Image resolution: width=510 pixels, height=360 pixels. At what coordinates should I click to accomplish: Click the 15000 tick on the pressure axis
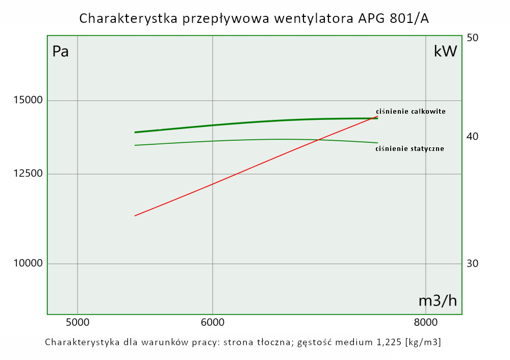pos(28,100)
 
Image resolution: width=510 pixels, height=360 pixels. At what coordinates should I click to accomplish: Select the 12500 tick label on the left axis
pos(28,174)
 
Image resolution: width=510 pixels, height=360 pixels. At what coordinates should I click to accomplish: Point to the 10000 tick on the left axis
pos(28,264)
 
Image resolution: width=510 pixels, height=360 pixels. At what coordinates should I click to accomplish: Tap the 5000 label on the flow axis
pos(78,322)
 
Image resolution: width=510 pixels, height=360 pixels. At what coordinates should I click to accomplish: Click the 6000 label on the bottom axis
pos(213,322)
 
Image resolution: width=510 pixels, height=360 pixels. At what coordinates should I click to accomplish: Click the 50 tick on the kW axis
pos(472,38)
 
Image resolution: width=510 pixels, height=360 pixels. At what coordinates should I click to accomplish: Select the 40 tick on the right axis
pos(472,137)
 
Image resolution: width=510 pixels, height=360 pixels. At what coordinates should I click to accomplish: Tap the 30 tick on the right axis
pos(472,264)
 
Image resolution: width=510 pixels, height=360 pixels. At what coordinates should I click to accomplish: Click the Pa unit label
pos(60,52)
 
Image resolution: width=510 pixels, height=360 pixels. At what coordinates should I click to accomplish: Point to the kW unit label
pos(445,52)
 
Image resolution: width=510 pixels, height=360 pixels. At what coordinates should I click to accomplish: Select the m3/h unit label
pos(438,301)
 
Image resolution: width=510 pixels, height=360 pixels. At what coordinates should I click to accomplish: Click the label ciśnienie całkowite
pos(411,111)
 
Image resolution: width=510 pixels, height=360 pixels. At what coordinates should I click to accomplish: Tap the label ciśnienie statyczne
pos(410,149)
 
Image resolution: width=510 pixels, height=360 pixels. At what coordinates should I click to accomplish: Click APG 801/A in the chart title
pos(387,19)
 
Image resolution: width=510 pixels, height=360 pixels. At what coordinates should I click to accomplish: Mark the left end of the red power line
pos(135,216)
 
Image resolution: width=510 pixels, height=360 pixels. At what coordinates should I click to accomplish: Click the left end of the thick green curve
pos(135,132)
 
